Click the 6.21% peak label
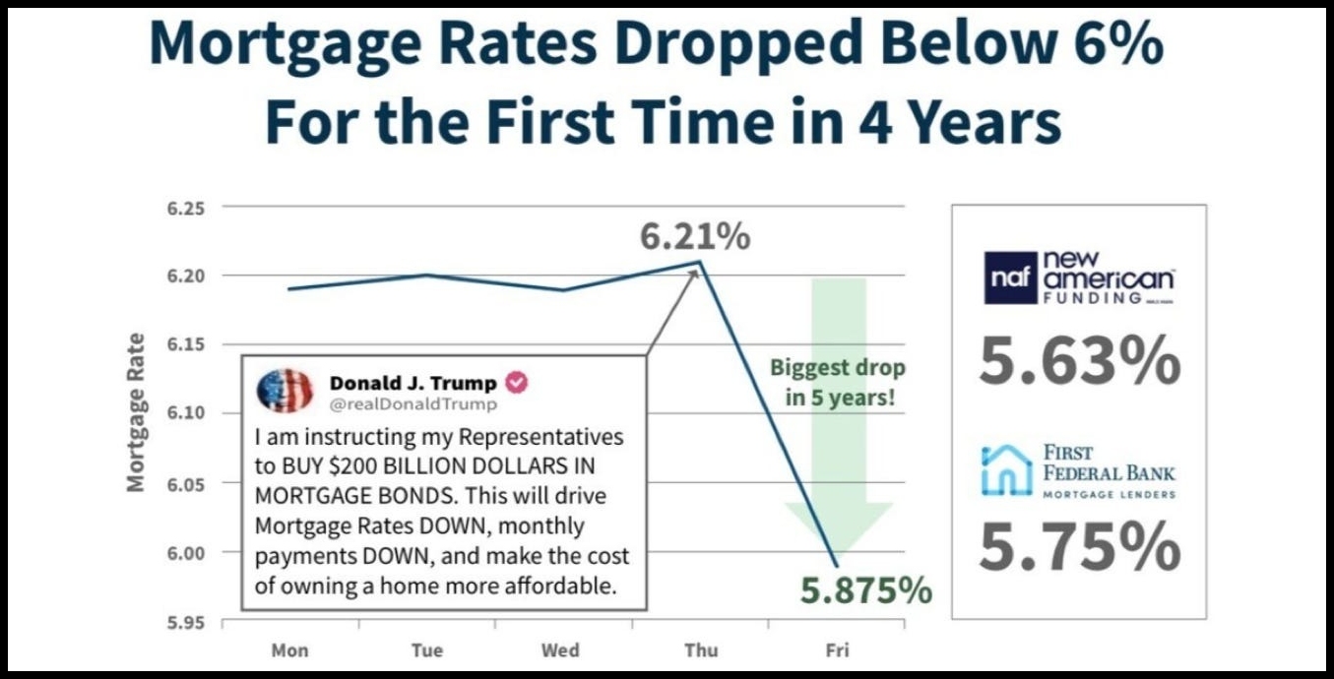coord(695,236)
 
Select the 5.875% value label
coord(865,590)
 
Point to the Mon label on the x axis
coord(289,649)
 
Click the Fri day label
coord(836,649)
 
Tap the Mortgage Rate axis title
coord(136,412)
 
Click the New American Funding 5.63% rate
coord(1079,361)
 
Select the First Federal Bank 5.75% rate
coord(1079,546)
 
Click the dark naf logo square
coord(1010,277)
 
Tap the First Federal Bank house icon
coord(1006,469)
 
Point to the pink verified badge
coord(516,382)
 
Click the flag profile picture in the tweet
coord(285,392)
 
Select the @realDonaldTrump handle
coord(413,404)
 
